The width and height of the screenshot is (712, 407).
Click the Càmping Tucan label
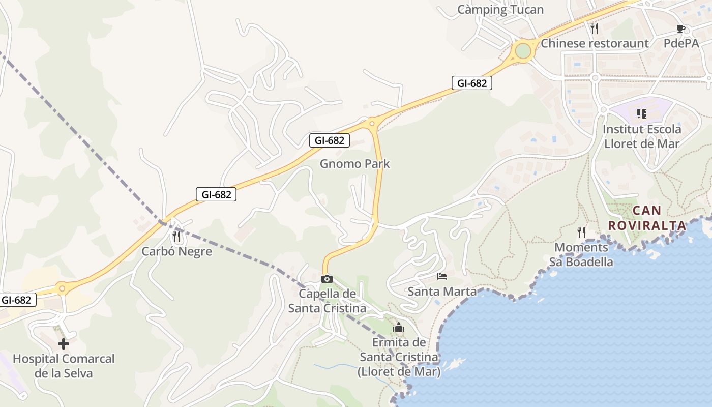tap(500, 10)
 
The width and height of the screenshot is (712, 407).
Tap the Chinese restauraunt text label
tap(595, 43)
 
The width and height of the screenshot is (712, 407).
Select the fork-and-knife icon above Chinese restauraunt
tap(595, 28)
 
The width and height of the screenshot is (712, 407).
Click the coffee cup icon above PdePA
tap(681, 28)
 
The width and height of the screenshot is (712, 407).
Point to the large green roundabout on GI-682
tap(523, 51)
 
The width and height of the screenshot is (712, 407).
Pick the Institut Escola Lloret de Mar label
tap(642, 136)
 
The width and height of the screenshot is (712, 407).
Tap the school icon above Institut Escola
tap(641, 114)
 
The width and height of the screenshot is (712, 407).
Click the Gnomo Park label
tap(355, 164)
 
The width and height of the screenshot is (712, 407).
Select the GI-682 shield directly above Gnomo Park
tap(330, 140)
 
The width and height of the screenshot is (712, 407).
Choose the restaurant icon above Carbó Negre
tap(176, 236)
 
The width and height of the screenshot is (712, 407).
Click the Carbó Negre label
tap(176, 251)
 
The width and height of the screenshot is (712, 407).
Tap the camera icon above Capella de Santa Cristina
tap(327, 279)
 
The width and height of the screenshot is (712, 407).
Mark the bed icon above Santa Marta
tap(442, 276)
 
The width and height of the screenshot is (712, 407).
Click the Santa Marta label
tap(442, 292)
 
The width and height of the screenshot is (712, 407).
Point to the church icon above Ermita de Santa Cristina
tap(399, 327)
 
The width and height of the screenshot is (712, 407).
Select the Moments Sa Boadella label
tap(581, 255)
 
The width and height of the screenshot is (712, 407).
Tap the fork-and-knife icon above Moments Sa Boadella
tap(581, 232)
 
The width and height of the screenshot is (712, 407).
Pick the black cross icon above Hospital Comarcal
tap(64, 344)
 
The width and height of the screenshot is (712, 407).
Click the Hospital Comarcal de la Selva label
tap(64, 366)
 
